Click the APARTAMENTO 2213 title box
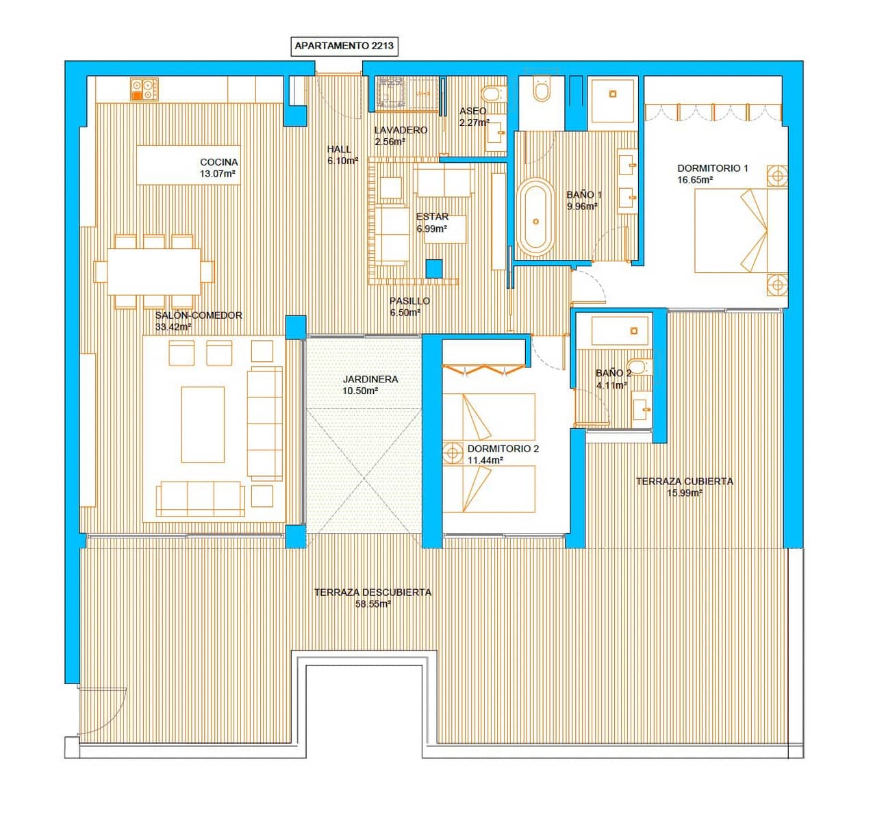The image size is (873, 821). [344, 47]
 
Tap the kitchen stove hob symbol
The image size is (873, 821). [144, 90]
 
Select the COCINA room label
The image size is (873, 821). [219, 162]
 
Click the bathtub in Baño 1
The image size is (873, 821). [535, 217]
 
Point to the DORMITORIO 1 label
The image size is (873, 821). [713, 168]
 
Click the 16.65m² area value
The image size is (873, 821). [695, 180]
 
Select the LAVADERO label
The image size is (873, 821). [401, 130]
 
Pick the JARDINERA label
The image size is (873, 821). [370, 379]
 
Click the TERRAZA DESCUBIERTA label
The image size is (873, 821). [372, 592]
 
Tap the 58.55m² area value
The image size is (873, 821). [372, 604]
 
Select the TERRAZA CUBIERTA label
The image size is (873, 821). [684, 481]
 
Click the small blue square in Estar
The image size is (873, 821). [433, 269]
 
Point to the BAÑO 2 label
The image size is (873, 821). [613, 373]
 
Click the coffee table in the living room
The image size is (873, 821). [203, 425]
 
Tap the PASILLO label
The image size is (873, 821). [409, 301]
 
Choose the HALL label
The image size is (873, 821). [339, 149]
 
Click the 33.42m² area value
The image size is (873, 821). [173, 327]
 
